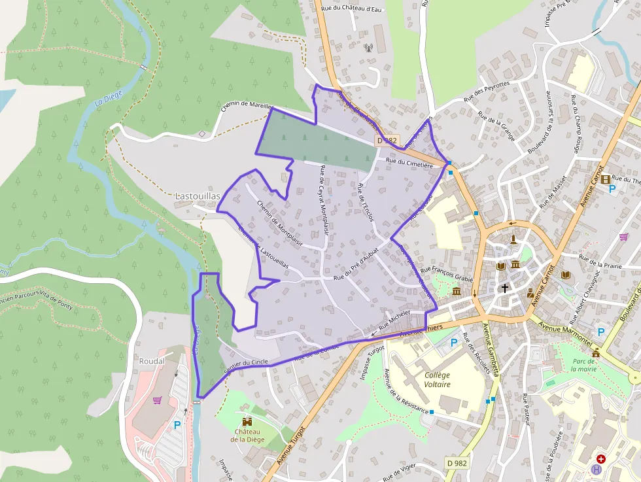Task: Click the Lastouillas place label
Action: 198,196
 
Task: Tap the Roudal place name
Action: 152,360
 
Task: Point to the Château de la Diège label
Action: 247,436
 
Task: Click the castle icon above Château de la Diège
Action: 247,422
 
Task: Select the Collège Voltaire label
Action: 437,379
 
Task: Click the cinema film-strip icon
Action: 606,179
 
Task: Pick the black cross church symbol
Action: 504,287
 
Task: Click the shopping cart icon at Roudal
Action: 157,400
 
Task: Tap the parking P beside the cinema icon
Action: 612,189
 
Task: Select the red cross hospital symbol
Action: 600,459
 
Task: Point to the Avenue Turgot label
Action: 292,446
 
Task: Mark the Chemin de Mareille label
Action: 245,105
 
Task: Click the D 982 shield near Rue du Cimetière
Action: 387,141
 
